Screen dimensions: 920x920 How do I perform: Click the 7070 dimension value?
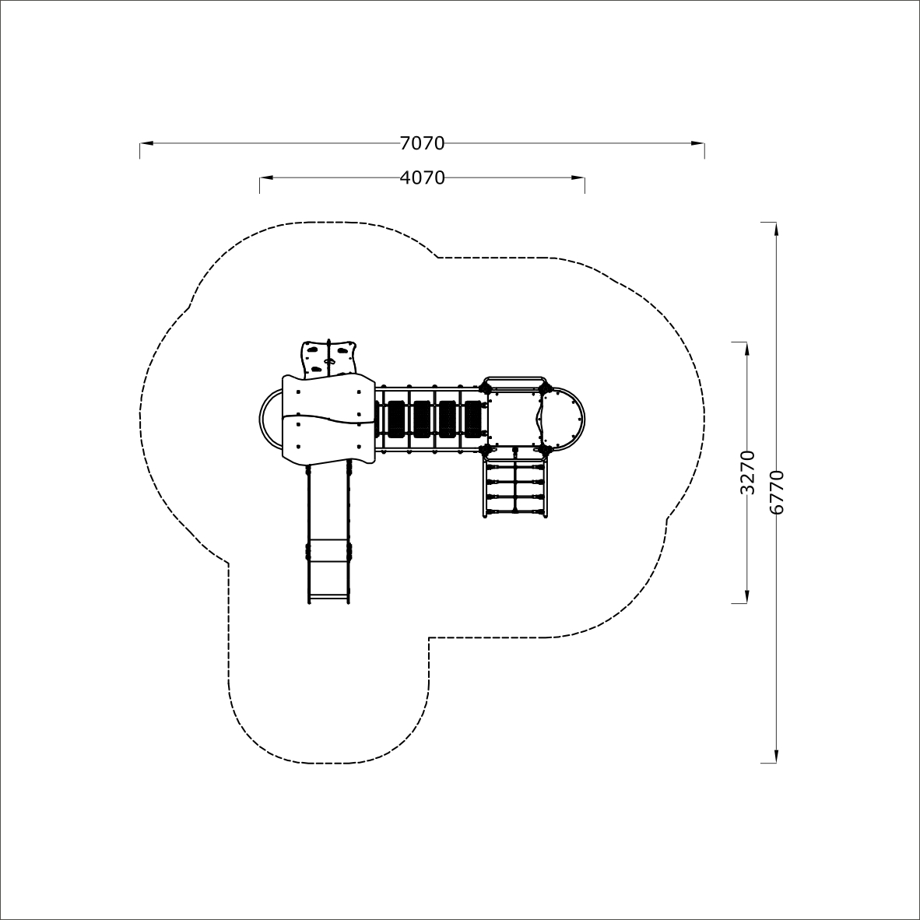[422, 143]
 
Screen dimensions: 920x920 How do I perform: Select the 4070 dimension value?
[422, 177]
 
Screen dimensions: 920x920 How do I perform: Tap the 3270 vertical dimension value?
[747, 472]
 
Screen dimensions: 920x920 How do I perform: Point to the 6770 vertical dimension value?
[776, 492]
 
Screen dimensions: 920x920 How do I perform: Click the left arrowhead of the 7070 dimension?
[146, 143]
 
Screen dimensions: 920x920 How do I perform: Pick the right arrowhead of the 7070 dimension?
[697, 143]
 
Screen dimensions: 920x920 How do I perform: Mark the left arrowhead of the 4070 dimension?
[267, 177]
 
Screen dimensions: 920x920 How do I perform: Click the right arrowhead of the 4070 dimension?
[578, 177]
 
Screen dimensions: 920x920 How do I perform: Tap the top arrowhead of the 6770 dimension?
[776, 230]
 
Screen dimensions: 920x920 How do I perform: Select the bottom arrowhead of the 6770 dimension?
[776, 756]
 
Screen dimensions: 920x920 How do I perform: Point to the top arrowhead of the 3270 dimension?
[747, 349]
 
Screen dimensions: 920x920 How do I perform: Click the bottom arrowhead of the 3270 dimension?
[747, 595]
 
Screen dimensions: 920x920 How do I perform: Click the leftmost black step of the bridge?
[396, 419]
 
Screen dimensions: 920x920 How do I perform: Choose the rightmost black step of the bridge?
[473, 419]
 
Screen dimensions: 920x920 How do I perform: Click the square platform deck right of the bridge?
[514, 418]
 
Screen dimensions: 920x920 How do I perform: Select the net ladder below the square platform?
[515, 485]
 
